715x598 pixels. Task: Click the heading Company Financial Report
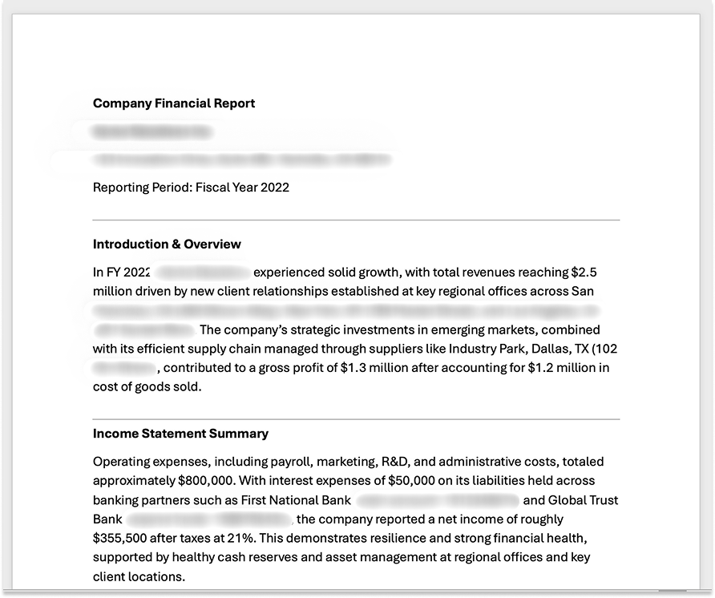(x=174, y=103)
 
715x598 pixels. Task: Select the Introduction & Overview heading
(x=167, y=244)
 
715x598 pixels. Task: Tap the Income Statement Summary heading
(x=180, y=434)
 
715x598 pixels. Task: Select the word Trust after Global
(x=602, y=500)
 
